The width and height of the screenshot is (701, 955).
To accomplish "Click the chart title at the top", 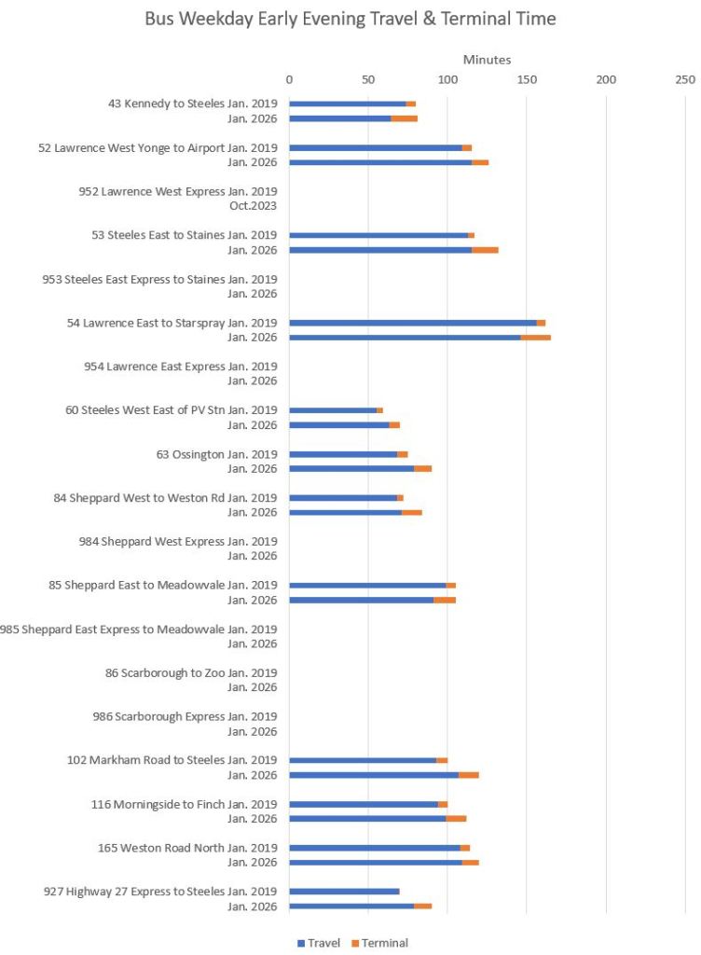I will tap(350, 19).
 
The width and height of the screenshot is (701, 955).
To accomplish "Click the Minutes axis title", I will tap(487, 60).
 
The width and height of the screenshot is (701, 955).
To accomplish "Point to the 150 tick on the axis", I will tap(527, 79).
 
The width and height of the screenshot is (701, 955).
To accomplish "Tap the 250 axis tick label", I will tap(685, 79).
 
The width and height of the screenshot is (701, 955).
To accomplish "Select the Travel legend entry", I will tap(319, 943).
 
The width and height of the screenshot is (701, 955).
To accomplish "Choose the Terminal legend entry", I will tap(380, 943).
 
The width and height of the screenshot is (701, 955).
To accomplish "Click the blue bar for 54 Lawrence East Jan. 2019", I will tap(412, 323).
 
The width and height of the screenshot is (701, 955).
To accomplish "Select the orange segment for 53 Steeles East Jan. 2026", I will tap(485, 250).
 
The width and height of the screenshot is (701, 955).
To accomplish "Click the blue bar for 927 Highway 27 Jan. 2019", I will tap(344, 892).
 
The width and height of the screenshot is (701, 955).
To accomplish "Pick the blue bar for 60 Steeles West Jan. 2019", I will tap(333, 410).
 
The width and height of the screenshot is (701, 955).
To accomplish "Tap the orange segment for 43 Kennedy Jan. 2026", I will tap(404, 118).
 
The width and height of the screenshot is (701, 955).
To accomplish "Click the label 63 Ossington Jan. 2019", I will tap(216, 454).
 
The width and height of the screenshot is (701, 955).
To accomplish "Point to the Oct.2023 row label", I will tap(253, 206).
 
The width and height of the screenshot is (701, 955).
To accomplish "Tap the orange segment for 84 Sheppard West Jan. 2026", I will tap(411, 512).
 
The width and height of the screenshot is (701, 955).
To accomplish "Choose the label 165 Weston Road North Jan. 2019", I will tap(187, 848).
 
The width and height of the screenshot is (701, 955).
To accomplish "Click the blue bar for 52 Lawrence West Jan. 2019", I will tap(376, 147).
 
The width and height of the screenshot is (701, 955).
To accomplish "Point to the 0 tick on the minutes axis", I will tap(289, 79).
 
